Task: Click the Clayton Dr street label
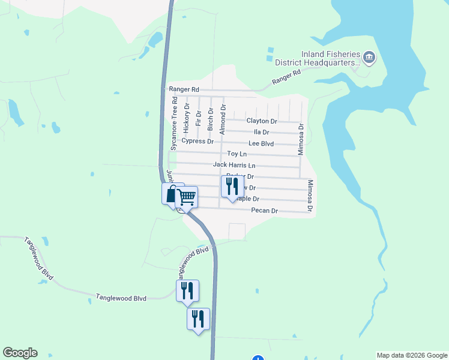coord(261,121)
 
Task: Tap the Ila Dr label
coord(261,132)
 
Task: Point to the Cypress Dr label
coord(197,142)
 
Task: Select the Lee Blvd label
coord(261,143)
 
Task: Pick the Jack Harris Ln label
coord(234,165)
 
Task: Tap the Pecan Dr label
coord(265,211)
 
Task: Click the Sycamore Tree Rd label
coord(175,123)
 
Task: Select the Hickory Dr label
coord(187,118)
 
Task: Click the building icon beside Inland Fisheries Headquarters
coord(369,58)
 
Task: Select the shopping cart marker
coord(187,197)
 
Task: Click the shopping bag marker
coord(172,193)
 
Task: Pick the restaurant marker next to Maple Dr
coord(232,185)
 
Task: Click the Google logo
coord(20,353)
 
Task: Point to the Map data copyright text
coord(412,355)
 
